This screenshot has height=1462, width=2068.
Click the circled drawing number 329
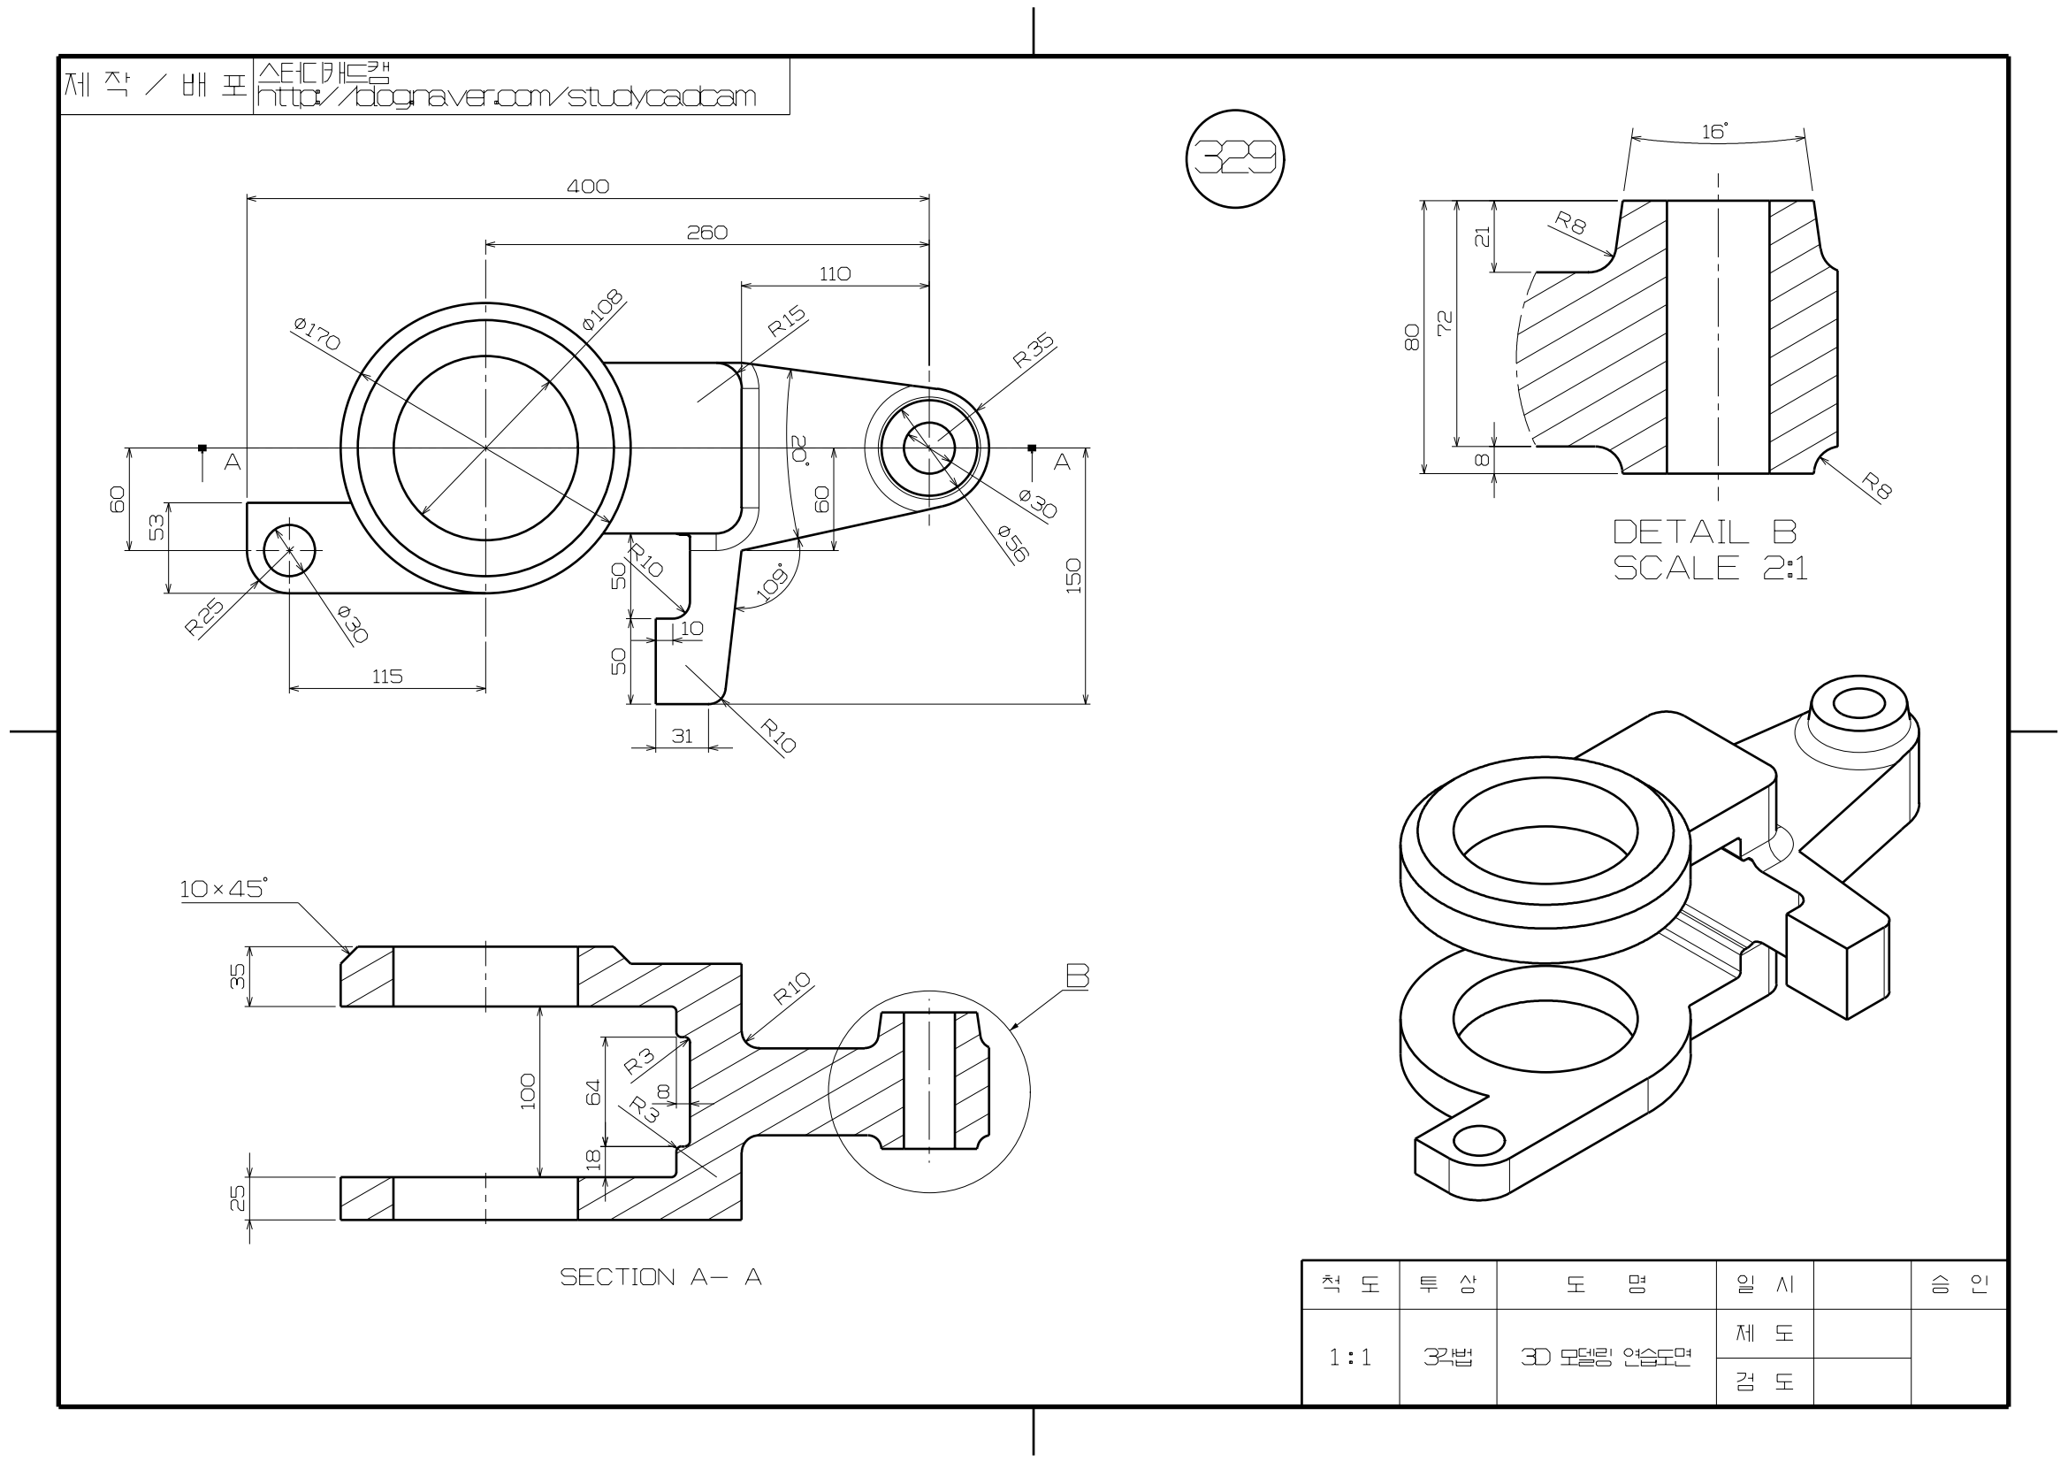click(x=1235, y=159)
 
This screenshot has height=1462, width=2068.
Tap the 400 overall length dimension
click(x=587, y=187)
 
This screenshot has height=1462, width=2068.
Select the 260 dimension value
click(x=707, y=233)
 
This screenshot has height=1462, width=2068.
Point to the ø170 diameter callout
click(x=317, y=334)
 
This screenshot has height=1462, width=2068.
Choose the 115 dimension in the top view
click(x=387, y=677)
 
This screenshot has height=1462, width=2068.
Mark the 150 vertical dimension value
click(x=1073, y=577)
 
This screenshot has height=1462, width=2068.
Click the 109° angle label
click(x=772, y=583)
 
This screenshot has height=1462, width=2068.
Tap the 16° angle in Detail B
click(x=1715, y=133)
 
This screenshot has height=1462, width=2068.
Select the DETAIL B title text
click(x=1704, y=532)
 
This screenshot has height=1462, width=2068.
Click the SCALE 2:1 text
click(x=1710, y=569)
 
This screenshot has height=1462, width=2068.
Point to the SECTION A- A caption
click(x=660, y=1277)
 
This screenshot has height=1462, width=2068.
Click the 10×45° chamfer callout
click(x=224, y=889)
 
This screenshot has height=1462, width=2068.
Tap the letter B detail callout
click(x=1077, y=976)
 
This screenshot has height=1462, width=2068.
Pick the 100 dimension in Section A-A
click(x=529, y=1091)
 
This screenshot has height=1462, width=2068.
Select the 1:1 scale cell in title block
click(x=1349, y=1357)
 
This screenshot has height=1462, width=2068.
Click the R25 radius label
click(x=204, y=618)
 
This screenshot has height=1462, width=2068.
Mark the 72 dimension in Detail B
click(x=1445, y=324)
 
